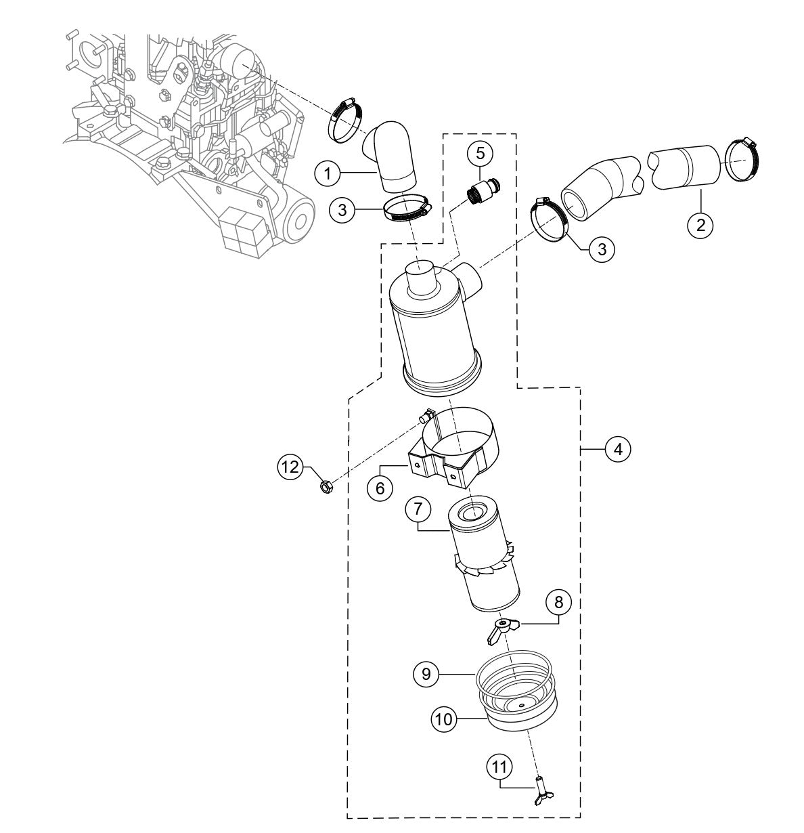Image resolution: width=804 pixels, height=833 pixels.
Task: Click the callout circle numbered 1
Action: (x=328, y=174)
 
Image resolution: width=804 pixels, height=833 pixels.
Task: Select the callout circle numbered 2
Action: (x=700, y=223)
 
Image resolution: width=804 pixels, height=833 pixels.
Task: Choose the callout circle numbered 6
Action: (x=380, y=488)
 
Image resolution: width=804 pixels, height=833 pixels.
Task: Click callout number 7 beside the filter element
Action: (x=418, y=509)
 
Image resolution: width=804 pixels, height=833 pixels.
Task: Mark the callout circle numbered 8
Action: (x=559, y=601)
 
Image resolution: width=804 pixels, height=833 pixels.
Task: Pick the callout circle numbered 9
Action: (x=426, y=674)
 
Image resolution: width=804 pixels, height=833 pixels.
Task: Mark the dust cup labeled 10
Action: (x=518, y=711)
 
